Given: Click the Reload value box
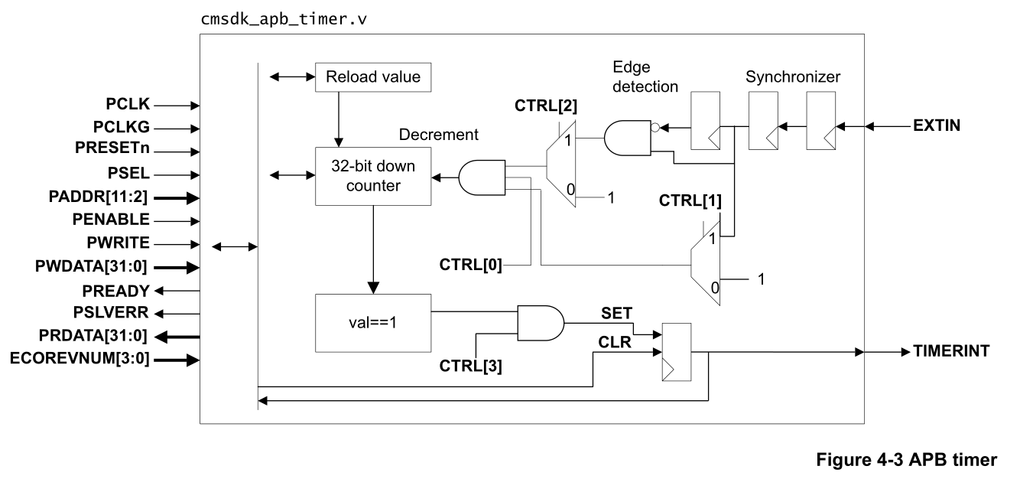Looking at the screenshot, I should pos(373,77).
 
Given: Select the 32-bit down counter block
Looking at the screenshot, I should pos(372,177).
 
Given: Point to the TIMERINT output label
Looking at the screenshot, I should pos(950,353).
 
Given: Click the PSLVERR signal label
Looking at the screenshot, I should pos(116,313).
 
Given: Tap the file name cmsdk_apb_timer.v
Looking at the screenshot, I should pos(282,18).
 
